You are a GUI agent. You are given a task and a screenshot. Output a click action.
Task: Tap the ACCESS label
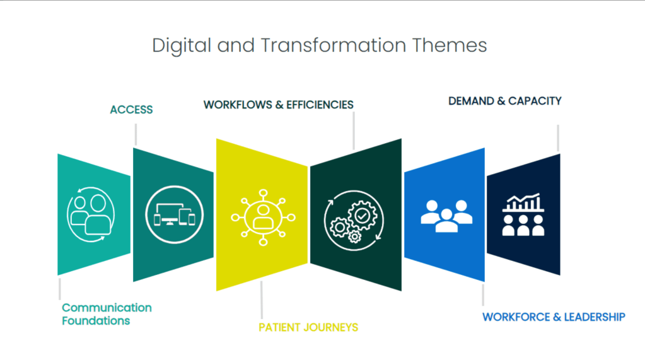click(x=131, y=110)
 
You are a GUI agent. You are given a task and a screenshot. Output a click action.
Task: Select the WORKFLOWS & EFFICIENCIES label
click(x=278, y=105)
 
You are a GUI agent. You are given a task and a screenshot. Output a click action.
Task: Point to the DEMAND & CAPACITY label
click(x=504, y=101)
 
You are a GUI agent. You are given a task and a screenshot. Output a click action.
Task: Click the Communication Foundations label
click(x=107, y=314)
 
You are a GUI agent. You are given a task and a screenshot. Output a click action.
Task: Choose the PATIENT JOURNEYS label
click(x=308, y=327)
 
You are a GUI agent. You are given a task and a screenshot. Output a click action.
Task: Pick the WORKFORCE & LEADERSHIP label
click(x=554, y=316)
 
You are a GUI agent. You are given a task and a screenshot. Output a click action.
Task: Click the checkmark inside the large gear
click(x=362, y=215)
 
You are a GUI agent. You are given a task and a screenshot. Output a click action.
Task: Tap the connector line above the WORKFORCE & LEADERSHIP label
click(x=484, y=294)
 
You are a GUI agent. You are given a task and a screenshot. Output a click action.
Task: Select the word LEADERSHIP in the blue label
click(x=595, y=316)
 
